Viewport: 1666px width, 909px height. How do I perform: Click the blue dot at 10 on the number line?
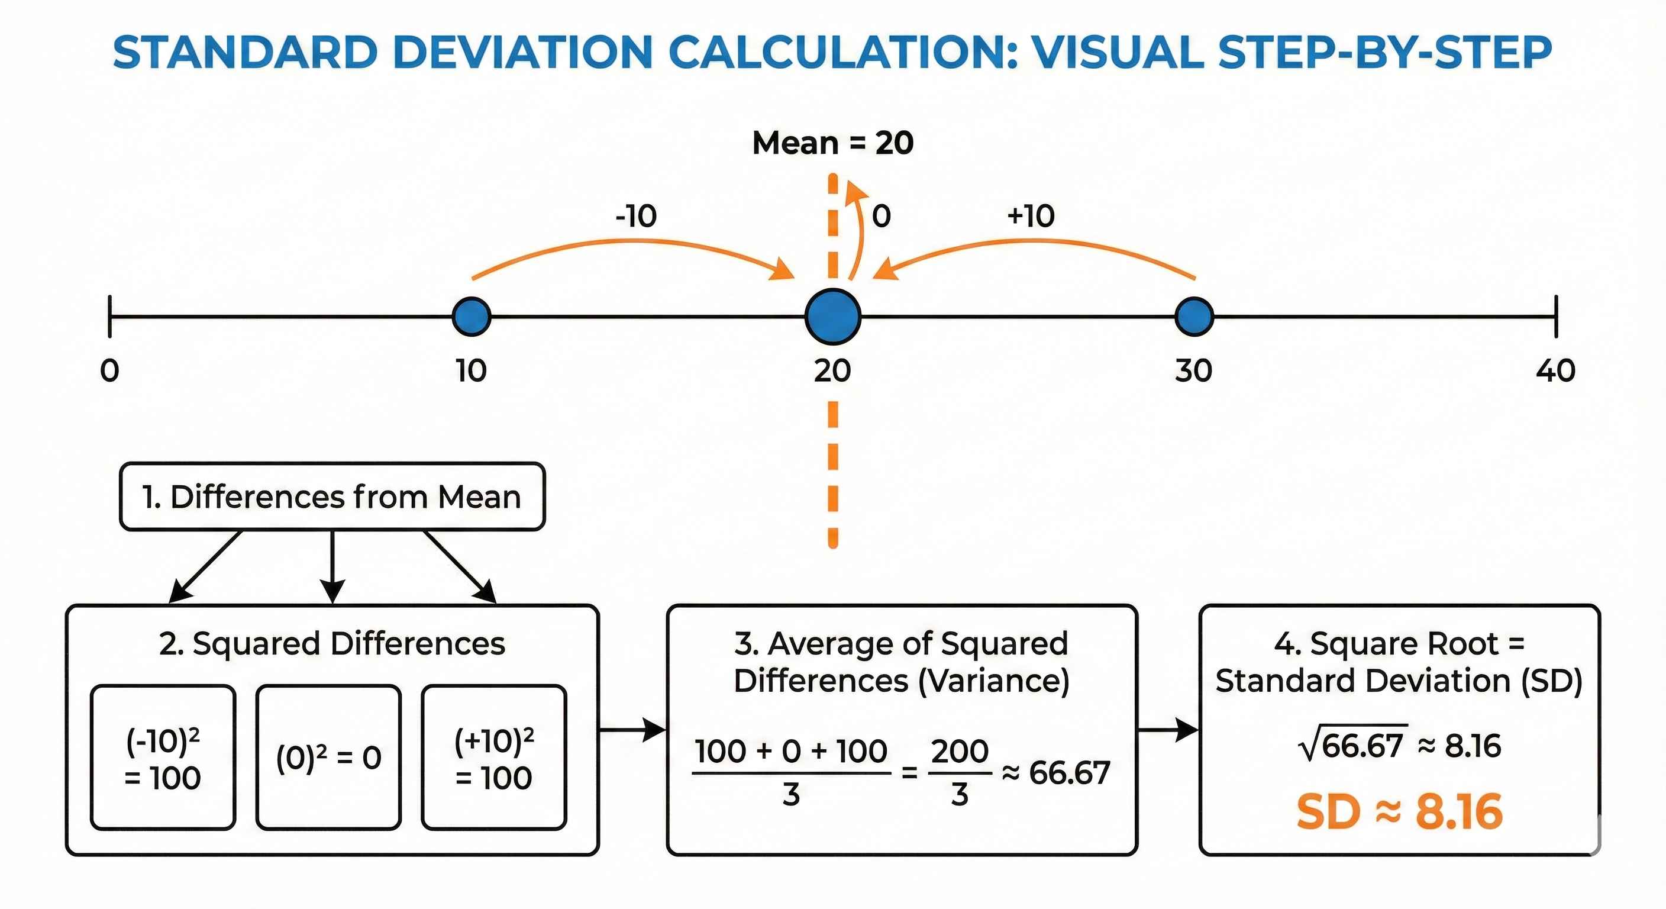(472, 317)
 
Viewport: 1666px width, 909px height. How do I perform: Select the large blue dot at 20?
(833, 317)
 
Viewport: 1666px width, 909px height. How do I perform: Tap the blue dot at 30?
(1194, 317)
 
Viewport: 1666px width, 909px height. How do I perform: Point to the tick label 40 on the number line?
(1555, 370)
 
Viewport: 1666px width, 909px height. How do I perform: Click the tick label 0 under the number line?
(110, 370)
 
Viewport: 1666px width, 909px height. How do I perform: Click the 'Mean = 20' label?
(833, 143)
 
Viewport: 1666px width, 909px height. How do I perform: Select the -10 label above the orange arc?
(637, 215)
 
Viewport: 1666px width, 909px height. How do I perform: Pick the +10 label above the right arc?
(1031, 215)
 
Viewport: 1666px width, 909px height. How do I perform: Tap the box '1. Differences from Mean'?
(332, 497)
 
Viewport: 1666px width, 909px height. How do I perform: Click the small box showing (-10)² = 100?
(163, 757)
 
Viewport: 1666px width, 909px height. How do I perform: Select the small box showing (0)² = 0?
(328, 757)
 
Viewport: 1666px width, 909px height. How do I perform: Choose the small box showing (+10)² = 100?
(494, 757)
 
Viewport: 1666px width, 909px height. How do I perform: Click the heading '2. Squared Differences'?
(332, 644)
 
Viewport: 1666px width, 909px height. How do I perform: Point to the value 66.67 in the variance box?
(1070, 772)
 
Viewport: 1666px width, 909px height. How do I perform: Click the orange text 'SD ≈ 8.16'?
(1400, 812)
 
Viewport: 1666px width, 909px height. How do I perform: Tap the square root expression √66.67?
(1353, 744)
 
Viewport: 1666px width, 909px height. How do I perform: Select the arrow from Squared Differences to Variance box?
(632, 730)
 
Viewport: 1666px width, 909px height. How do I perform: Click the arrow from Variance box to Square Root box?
(1168, 730)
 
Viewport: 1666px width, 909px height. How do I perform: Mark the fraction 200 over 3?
(960, 772)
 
